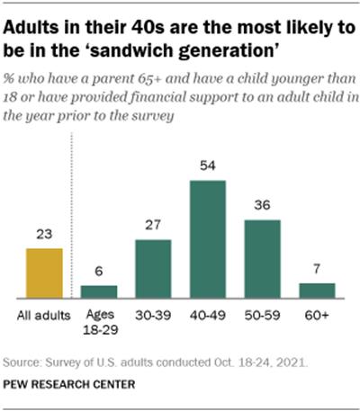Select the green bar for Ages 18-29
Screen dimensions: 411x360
99,291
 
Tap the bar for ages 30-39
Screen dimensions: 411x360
154,268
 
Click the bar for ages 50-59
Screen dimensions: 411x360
263,258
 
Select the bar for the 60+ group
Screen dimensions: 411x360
318,290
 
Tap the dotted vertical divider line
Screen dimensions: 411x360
71,225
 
